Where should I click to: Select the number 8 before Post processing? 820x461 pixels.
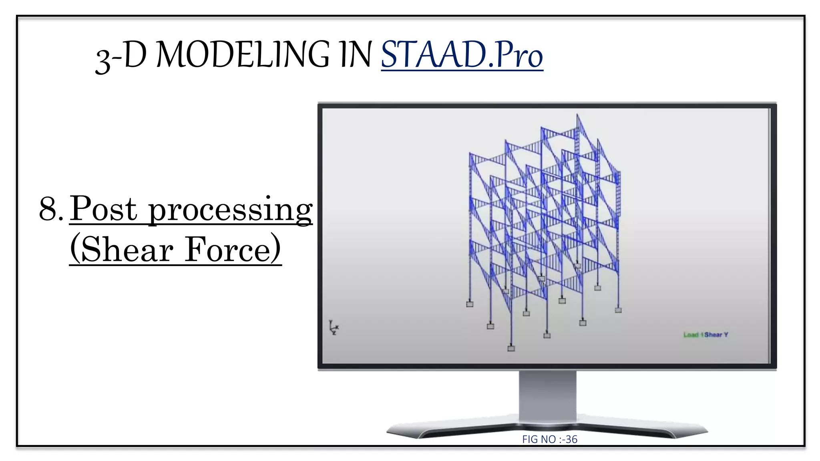coord(48,209)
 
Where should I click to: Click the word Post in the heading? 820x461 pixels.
coord(104,209)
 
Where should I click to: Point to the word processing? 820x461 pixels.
coord(230,210)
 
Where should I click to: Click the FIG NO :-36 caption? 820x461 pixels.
coord(549,439)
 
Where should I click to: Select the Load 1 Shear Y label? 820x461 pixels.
coord(705,335)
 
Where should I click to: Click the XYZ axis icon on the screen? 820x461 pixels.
coord(334,327)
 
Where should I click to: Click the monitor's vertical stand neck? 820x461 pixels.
coord(547,396)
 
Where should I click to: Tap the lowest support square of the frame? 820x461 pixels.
coord(511,348)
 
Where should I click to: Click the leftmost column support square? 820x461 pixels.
coord(470,304)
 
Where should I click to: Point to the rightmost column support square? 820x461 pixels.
coord(618,310)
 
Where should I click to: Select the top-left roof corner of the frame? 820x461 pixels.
coord(470,154)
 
